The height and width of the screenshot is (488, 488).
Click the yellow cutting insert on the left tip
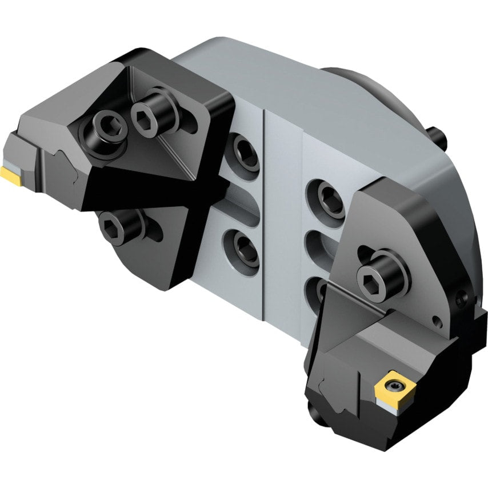(x=12, y=173)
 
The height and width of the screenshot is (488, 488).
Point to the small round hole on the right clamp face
(x=436, y=320)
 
